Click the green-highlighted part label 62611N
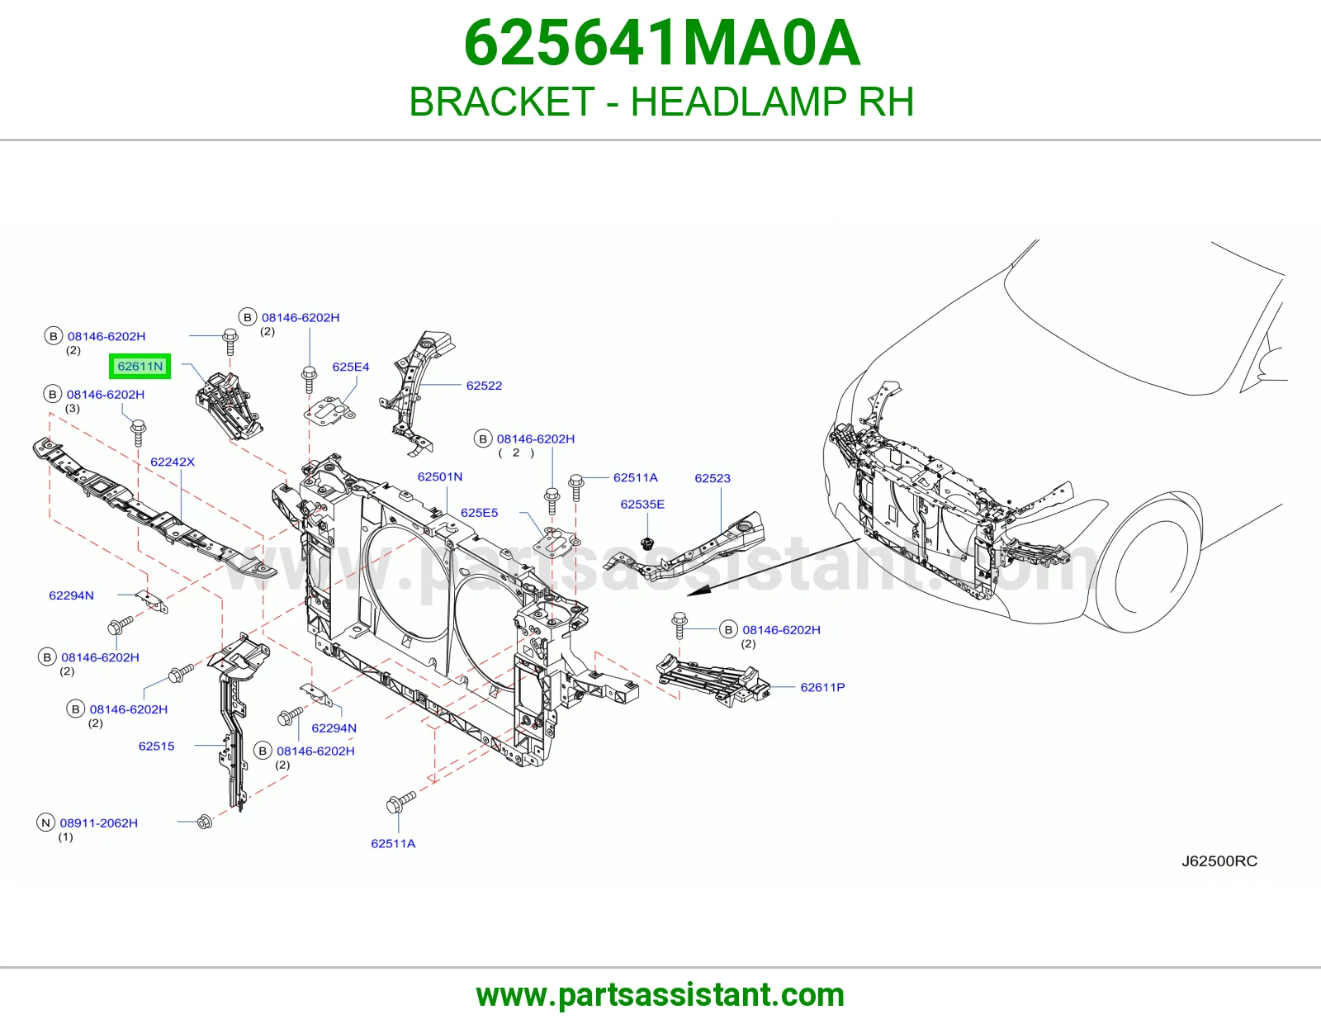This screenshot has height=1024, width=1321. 140,366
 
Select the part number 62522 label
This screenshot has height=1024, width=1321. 484,386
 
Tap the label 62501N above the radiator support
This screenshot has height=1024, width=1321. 439,476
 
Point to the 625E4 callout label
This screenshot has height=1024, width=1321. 351,367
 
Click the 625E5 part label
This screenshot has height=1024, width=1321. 479,513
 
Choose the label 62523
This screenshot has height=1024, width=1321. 713,478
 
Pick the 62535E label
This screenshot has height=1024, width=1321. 642,504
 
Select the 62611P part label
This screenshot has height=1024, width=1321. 822,687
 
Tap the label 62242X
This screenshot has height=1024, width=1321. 173,462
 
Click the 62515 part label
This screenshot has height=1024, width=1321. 156,746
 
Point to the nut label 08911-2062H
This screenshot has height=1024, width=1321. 98,823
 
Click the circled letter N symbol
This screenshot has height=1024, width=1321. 45,823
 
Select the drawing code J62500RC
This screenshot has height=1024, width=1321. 1219,861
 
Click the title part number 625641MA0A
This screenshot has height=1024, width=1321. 661,44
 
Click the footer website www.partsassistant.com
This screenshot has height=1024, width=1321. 660,995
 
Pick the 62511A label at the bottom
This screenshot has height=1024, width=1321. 393,843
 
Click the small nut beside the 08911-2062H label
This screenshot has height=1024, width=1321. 205,823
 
